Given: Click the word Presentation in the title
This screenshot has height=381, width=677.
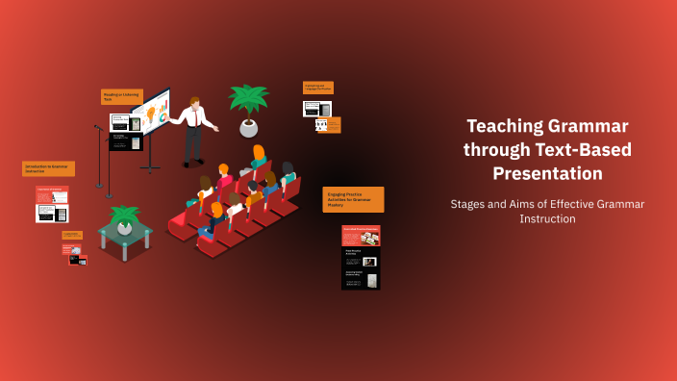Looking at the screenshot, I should (x=547, y=173).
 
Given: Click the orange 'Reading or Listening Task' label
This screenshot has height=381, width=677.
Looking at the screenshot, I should (x=121, y=96).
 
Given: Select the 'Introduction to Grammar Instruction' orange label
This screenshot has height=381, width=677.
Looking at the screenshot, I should (x=48, y=168).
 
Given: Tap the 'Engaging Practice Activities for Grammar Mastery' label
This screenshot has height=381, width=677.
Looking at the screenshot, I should (x=353, y=199).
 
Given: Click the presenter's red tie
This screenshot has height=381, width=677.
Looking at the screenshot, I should (x=198, y=120).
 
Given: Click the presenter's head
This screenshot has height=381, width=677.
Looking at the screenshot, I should (x=195, y=103).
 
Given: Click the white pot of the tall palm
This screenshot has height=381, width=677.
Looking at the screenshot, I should (x=249, y=127).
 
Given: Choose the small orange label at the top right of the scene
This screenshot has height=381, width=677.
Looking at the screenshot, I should (x=318, y=88).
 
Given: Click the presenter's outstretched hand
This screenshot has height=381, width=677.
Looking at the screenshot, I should (x=216, y=127).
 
